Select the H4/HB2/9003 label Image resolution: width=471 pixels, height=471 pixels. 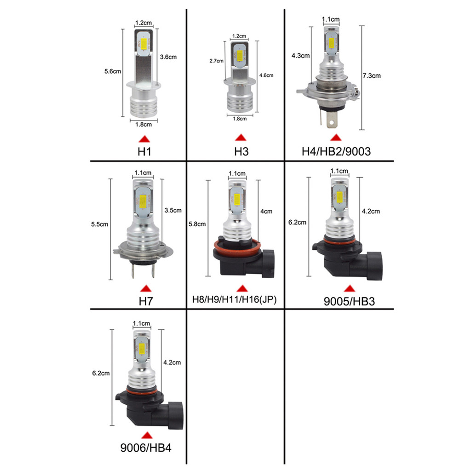[336, 151]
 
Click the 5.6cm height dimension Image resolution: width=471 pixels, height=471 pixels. [113, 71]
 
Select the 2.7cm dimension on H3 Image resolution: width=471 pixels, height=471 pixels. [216, 61]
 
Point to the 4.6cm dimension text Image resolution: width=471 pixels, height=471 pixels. [266, 75]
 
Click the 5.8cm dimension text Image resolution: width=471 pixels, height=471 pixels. [198, 224]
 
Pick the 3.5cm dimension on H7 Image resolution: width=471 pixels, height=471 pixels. [173, 211]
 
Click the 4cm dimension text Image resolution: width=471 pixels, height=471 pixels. [266, 212]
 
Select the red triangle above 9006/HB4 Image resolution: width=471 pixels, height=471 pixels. [147, 435]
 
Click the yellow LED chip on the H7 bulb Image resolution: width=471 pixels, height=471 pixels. [142, 199]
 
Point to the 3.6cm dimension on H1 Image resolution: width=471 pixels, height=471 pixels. [168, 57]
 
